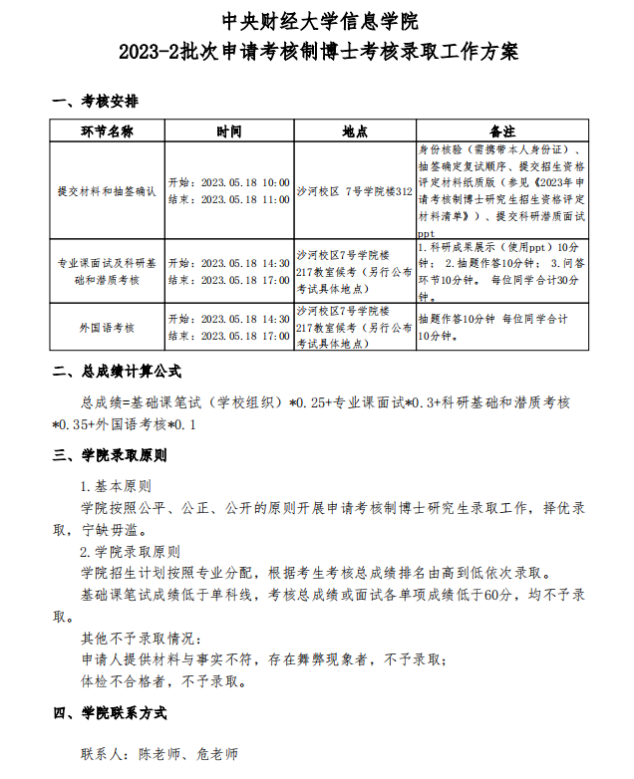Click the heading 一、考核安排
pos(96,102)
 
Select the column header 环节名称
pos(107,131)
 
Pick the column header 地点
pos(354,131)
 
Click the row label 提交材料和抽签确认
pos(107,190)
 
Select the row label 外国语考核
pos(107,327)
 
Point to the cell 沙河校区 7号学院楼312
pos(355,190)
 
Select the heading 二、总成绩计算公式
pos(117,372)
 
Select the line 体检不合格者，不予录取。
pos(162,681)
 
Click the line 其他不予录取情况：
pos(141,638)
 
